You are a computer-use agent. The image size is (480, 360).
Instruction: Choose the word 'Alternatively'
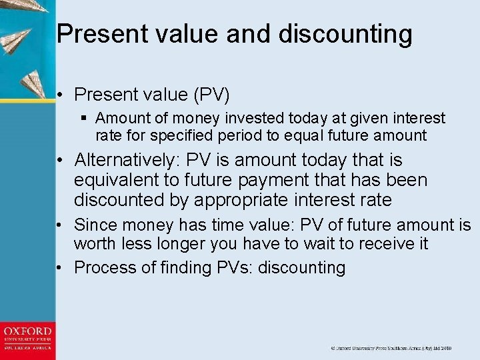coord(127,160)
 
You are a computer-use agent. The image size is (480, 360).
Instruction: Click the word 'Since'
coord(93,225)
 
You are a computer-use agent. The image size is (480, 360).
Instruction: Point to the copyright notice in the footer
coord(391,348)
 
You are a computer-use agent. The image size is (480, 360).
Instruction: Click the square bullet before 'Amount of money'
coord(83,119)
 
